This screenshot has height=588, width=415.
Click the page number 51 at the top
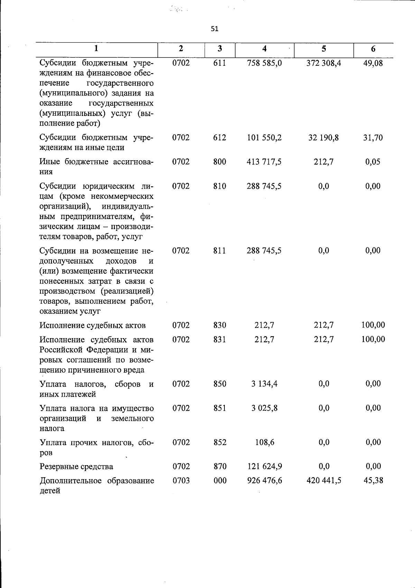pos(214,29)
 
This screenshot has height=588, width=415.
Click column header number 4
pos(264,49)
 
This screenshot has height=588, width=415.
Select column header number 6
pos(373,49)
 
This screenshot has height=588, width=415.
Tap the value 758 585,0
pos(264,63)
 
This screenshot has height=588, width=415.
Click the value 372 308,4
pos(324,63)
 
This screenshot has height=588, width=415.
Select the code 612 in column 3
pos(220,137)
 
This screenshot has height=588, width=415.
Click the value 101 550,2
pos(264,137)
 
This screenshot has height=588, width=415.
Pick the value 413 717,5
pos(264,162)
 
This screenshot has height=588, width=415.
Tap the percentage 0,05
pos(373,162)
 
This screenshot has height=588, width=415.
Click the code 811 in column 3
pos(220,250)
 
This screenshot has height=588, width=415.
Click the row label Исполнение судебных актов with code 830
pos(93,325)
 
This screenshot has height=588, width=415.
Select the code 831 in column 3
pos(220,339)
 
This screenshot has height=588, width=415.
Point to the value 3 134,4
pos(264,383)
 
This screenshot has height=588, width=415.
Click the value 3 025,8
pos(264,408)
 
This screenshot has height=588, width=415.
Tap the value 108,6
pos(265,442)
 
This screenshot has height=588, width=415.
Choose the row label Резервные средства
pos(76,467)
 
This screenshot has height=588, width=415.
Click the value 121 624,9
pos(264,466)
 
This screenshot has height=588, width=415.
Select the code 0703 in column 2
pos(181,480)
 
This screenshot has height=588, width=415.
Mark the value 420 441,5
pos(324,480)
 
